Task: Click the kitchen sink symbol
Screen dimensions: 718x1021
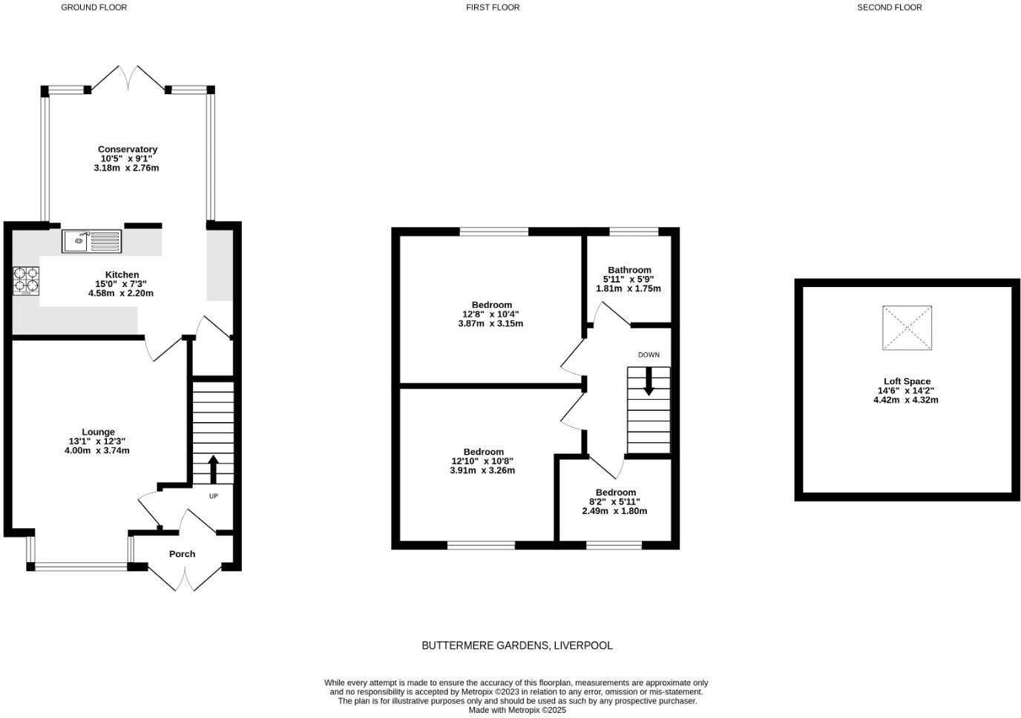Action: coord(92,241)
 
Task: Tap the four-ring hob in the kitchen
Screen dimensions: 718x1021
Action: coord(26,280)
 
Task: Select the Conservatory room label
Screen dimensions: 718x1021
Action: coord(128,149)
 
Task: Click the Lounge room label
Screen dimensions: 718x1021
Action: coord(98,432)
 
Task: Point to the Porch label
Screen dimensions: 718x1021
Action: coord(183,554)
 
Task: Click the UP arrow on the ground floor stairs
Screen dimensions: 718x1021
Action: coord(213,469)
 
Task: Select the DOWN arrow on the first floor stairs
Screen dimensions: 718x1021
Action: coord(649,381)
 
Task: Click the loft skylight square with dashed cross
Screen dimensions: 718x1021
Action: coord(907,328)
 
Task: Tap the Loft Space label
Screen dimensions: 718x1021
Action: coord(907,381)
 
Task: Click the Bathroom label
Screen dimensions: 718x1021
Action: coord(629,270)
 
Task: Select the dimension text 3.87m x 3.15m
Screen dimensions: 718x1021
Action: coord(490,323)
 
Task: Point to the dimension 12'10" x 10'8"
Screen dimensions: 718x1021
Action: coord(482,461)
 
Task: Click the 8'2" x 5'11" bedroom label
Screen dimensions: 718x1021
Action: coord(615,501)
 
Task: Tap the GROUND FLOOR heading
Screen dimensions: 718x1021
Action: coord(93,7)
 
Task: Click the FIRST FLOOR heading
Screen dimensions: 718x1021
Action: coord(493,7)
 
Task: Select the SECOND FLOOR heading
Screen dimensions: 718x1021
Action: coord(889,7)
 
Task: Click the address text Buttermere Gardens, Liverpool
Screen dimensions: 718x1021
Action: coord(517,645)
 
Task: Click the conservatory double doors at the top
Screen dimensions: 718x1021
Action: coord(128,78)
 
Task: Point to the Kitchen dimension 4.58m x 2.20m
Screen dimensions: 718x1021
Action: coord(121,293)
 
